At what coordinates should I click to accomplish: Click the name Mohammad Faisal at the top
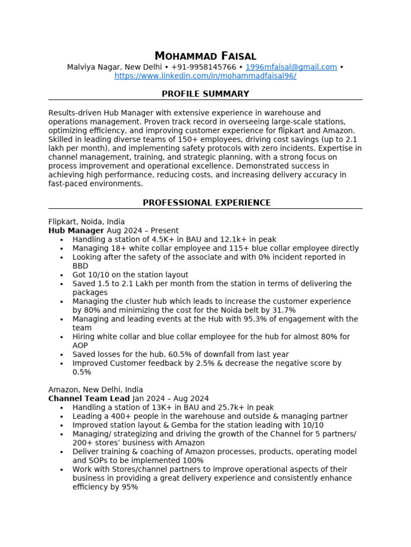pos(205,56)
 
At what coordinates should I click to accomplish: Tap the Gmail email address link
pos(291,67)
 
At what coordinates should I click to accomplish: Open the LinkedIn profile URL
pos(205,76)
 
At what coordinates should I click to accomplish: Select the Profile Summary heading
pos(205,94)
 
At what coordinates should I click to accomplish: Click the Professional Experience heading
pos(206,203)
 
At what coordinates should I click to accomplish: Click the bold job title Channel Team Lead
pos(89,398)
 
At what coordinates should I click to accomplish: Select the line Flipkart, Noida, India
pos(86,222)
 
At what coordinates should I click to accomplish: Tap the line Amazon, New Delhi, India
pos(95,390)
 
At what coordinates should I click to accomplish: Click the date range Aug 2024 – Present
pos(142,231)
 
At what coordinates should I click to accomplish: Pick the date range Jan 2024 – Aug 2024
pos(170,398)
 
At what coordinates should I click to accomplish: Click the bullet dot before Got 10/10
pos(62,275)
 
